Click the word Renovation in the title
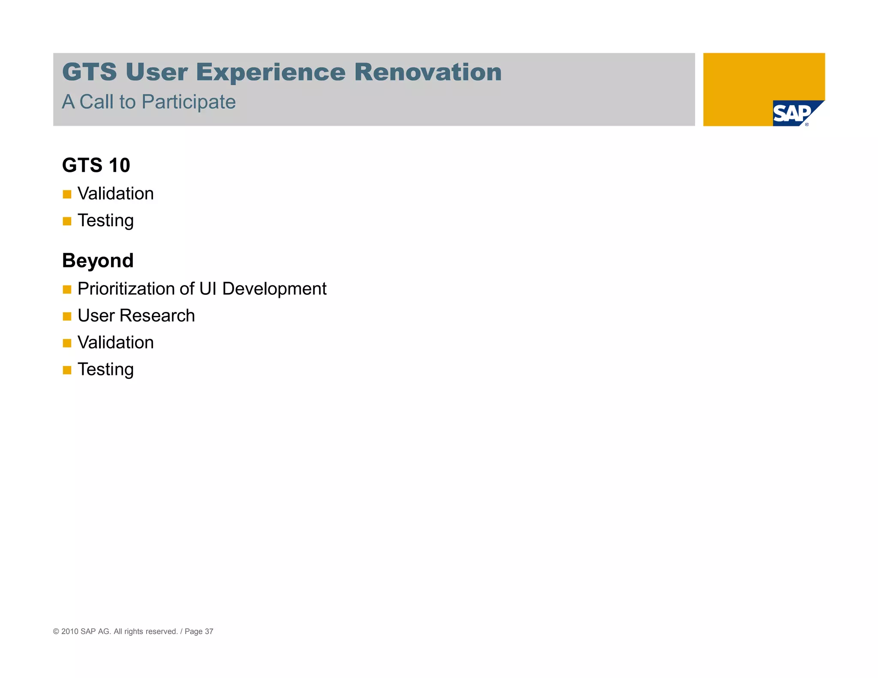click(427, 72)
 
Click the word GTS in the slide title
click(89, 72)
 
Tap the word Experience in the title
click(271, 72)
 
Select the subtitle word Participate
click(189, 102)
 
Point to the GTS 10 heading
click(96, 165)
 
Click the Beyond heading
click(98, 261)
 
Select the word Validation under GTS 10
click(115, 194)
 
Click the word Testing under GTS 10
click(105, 221)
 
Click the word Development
click(274, 289)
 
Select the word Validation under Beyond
click(115, 343)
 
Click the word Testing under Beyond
click(105, 369)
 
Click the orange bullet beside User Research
click(67, 317)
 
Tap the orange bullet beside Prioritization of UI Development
click(67, 290)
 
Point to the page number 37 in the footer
click(209, 631)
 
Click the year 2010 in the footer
click(70, 631)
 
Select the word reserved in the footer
click(162, 631)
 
